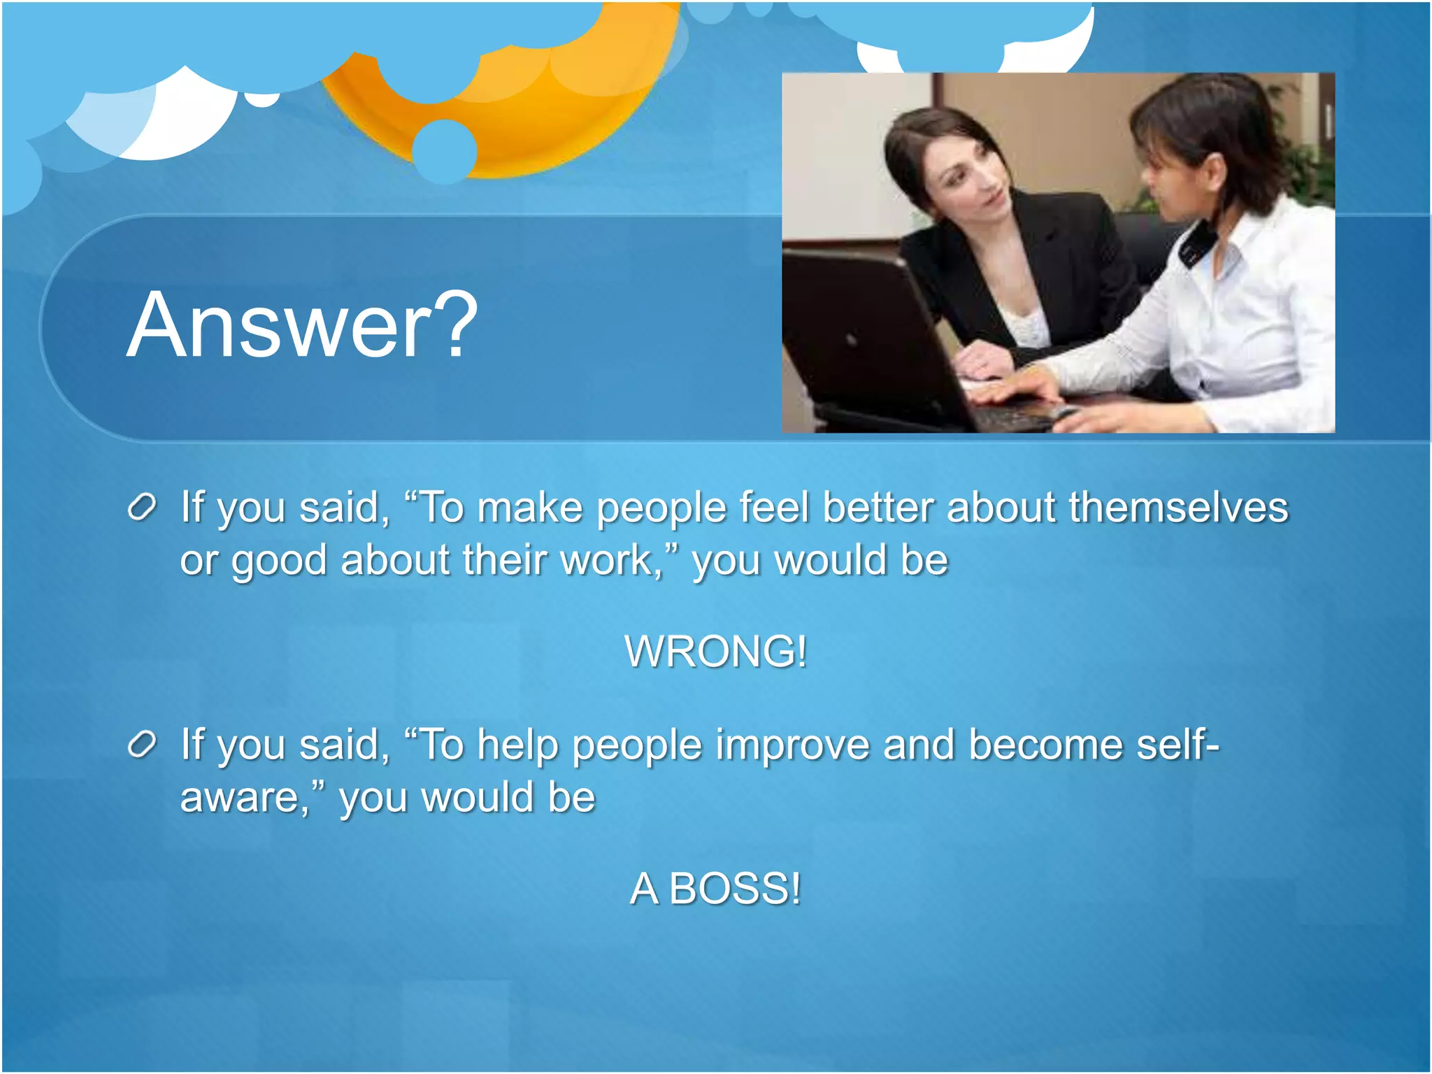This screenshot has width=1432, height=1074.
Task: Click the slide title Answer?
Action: tap(302, 325)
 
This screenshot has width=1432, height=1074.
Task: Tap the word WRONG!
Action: tap(715, 651)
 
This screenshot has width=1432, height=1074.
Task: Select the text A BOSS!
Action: tap(715, 889)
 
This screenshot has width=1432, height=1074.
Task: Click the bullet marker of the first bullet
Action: tap(142, 508)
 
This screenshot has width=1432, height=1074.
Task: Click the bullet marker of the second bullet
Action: tap(142, 745)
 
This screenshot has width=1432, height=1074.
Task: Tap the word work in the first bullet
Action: tap(606, 560)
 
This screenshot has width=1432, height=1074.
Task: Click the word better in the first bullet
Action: tap(878, 507)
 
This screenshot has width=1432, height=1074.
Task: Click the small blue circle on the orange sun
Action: tap(445, 151)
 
